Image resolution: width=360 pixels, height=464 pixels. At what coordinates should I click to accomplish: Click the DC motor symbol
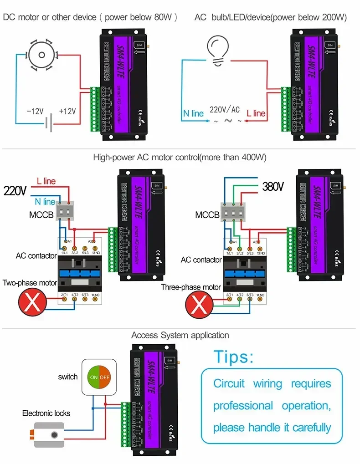click(42, 55)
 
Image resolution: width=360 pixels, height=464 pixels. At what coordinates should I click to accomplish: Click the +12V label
click(67, 111)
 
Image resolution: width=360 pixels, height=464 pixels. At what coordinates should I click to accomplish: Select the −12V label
click(35, 111)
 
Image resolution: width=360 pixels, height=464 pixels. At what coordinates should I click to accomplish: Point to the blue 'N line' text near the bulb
click(193, 113)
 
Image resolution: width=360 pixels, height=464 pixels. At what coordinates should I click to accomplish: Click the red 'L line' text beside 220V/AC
click(256, 113)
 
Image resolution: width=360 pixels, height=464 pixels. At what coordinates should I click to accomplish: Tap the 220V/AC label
click(225, 110)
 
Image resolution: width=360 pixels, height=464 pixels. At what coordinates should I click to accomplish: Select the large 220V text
click(15, 191)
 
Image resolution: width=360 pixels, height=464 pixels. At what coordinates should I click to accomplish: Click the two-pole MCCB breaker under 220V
click(65, 212)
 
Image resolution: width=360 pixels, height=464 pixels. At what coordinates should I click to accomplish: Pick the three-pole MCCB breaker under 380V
click(233, 212)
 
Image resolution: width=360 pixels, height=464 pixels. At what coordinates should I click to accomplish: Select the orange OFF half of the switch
click(105, 377)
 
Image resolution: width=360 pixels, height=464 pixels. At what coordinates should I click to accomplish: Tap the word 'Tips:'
click(234, 357)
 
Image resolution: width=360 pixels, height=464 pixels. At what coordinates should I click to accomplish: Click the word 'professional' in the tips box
click(243, 406)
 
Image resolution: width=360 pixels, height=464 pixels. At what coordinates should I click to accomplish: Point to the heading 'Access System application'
click(180, 336)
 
